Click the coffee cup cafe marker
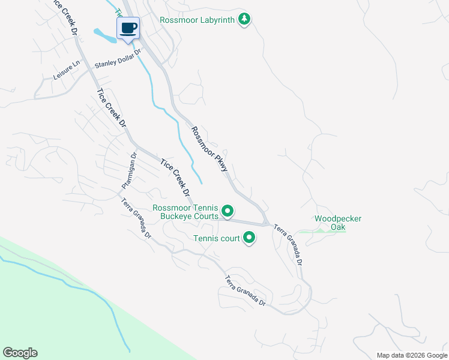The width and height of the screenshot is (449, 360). click(128, 29)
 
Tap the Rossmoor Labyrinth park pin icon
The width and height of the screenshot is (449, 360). click(244, 19)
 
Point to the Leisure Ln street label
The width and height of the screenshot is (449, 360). click(66, 71)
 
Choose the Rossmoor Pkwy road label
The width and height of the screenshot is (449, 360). click(209, 149)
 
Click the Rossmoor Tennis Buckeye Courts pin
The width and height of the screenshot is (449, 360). click(228, 211)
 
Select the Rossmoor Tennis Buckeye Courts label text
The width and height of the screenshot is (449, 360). click(185, 212)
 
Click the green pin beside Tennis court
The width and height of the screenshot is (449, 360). click(249, 239)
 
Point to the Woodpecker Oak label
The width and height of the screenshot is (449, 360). click(338, 223)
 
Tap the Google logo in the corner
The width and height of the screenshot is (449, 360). click(20, 353)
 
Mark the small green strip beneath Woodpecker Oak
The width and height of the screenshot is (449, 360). click(322, 230)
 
